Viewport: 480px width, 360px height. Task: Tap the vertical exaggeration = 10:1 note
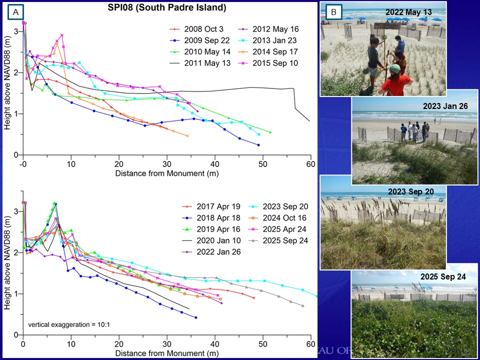69,325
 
